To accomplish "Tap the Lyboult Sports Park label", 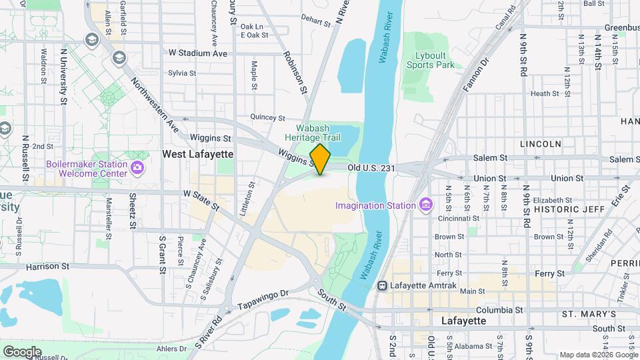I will [431, 59].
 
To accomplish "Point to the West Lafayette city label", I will [198, 154].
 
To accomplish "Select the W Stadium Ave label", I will [198, 53].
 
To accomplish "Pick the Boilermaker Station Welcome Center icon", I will [138, 166].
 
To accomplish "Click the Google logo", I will [22, 351].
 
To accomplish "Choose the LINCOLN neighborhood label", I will [540, 144].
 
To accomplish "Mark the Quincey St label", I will [258, 117].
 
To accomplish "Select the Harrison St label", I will [43, 267].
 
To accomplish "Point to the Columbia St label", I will [500, 310].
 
